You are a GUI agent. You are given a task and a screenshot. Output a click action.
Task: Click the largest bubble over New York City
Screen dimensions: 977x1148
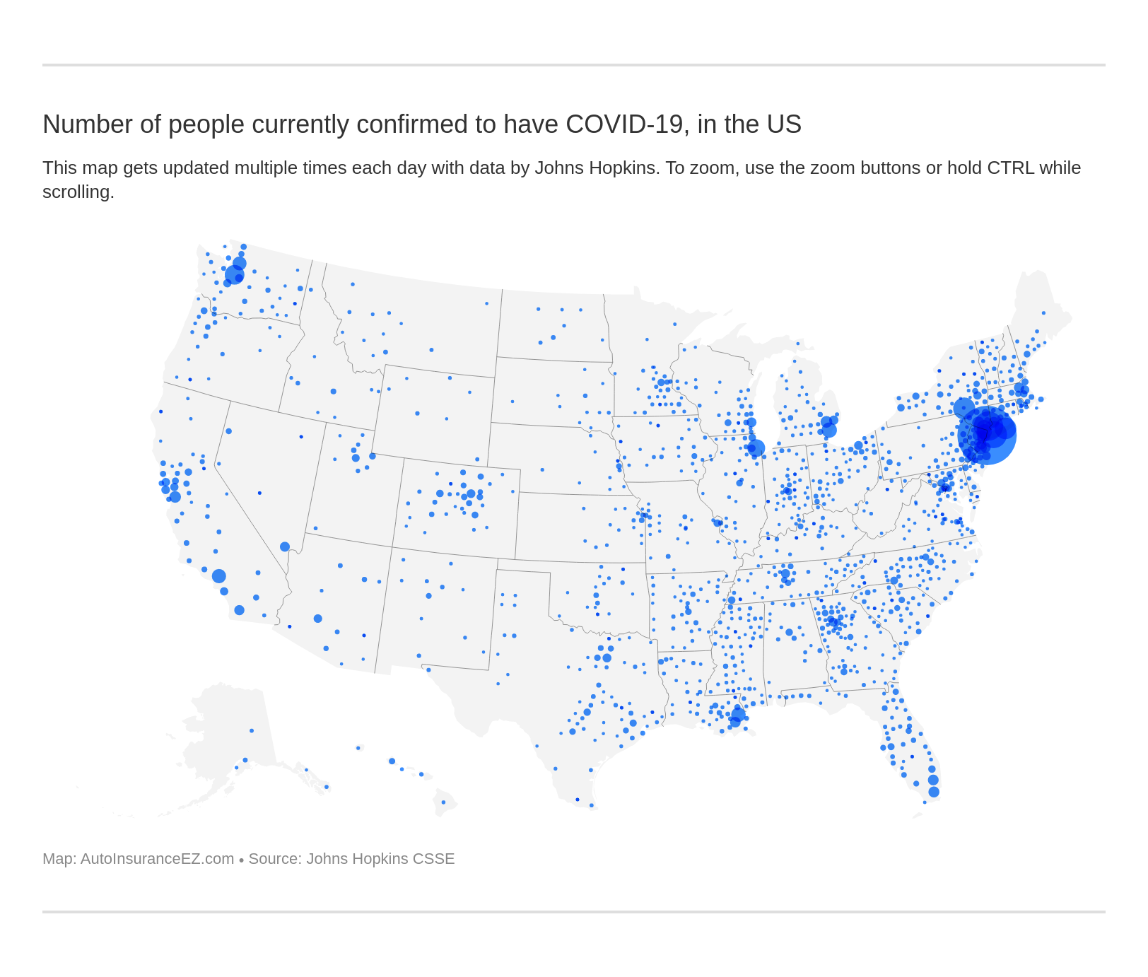click(x=987, y=435)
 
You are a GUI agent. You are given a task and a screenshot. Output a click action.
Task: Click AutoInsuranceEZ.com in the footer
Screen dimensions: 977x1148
click(x=157, y=859)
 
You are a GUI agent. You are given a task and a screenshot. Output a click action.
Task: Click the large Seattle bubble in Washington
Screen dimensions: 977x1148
click(x=234, y=275)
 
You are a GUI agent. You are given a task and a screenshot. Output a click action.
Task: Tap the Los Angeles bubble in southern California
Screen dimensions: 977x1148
click(x=219, y=576)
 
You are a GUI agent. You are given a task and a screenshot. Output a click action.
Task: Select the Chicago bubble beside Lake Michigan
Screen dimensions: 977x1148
click(x=756, y=447)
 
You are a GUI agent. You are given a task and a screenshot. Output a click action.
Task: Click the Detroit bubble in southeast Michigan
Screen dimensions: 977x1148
click(x=829, y=429)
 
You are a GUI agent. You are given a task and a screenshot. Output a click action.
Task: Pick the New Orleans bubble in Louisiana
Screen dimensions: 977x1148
click(x=738, y=715)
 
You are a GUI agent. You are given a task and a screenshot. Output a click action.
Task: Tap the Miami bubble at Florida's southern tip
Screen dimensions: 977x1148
click(x=934, y=792)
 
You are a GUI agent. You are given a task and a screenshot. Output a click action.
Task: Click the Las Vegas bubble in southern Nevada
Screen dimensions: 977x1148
click(x=285, y=546)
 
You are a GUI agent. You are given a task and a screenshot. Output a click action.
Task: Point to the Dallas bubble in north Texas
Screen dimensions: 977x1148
click(x=607, y=657)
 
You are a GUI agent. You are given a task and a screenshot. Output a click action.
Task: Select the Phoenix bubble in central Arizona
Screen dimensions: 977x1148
click(x=318, y=619)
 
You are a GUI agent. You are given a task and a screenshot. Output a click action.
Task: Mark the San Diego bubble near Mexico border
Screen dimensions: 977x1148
click(x=240, y=610)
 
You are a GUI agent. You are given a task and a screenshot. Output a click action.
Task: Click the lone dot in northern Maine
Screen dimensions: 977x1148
click(x=1043, y=313)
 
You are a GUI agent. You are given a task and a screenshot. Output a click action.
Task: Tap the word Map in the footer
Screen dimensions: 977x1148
click(x=57, y=859)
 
